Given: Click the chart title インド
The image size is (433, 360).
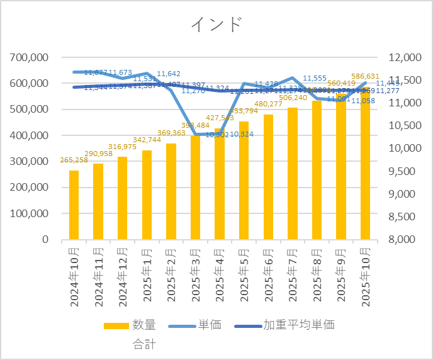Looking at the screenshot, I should click(216, 25).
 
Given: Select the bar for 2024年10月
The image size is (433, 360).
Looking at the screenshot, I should click(74, 205).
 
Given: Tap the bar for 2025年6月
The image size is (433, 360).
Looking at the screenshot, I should click(268, 177).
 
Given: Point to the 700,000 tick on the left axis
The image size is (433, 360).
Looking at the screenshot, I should click(30, 58).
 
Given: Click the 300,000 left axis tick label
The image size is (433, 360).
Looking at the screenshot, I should click(30, 162).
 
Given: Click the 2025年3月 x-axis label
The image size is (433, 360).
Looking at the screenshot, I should click(196, 276).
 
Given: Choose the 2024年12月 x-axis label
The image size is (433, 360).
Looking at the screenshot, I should click(123, 276).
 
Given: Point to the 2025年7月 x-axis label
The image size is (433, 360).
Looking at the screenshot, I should click(293, 276).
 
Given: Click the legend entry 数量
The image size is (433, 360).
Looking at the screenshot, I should click(143, 325).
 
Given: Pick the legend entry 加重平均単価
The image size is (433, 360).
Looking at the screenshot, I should click(298, 325).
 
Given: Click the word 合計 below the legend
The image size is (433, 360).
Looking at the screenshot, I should click(143, 344).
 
